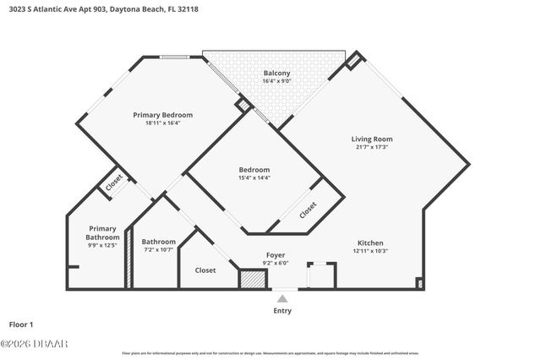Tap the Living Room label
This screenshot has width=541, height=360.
(x=372, y=139)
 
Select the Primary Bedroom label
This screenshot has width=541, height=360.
(x=162, y=115)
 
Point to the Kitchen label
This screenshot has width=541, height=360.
(x=370, y=243)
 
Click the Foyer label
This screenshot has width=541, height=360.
(x=275, y=254)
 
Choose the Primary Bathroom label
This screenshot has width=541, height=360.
(x=103, y=232)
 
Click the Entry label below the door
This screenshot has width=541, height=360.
(x=281, y=311)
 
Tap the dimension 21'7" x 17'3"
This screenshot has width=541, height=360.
(x=372, y=148)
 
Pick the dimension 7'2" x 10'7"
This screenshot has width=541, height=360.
(x=158, y=250)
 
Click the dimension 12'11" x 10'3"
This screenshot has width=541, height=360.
(x=370, y=251)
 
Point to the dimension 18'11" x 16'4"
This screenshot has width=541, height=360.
(x=162, y=123)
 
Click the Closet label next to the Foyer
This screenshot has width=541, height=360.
(x=205, y=270)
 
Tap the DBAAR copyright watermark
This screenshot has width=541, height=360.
(x=34, y=344)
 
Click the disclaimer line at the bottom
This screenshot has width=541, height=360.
(x=270, y=353)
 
